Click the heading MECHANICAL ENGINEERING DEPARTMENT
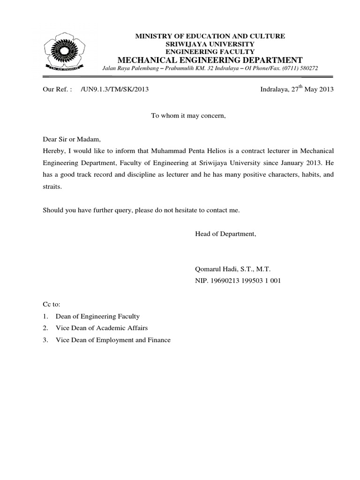tap(210, 60)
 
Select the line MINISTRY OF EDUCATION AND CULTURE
tap(210, 36)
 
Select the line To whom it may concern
tap(188, 115)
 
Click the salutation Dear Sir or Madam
tap(69, 139)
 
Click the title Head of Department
tap(225, 233)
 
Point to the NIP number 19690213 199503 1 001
tap(245, 281)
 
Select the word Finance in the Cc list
tap(158, 340)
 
